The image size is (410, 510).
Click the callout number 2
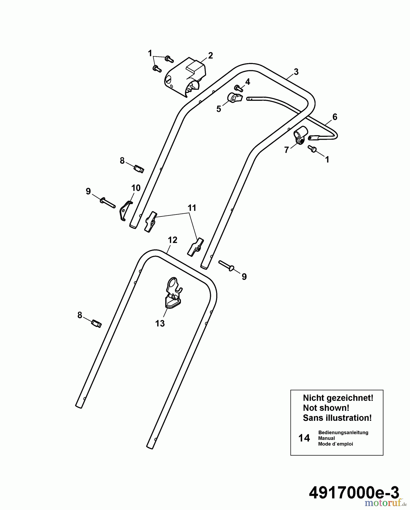point(210,56)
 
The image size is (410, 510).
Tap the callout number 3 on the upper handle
point(296,72)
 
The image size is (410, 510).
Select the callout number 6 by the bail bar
point(335,117)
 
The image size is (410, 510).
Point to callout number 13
point(160,323)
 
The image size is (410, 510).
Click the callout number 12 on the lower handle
point(172,240)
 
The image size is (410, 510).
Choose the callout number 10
point(136,188)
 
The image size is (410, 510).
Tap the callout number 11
point(192,208)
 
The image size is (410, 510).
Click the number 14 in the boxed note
point(304,438)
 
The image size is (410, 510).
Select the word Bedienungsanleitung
point(343,432)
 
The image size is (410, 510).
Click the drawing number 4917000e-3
point(354,493)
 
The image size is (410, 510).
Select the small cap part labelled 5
point(235,98)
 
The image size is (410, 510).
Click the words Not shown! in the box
point(326,408)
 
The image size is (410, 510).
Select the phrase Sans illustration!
point(337,418)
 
